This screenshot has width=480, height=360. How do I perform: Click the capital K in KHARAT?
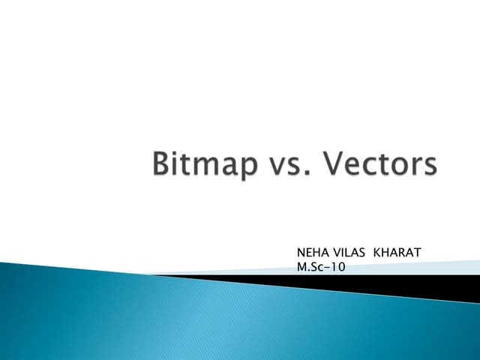(x=378, y=253)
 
